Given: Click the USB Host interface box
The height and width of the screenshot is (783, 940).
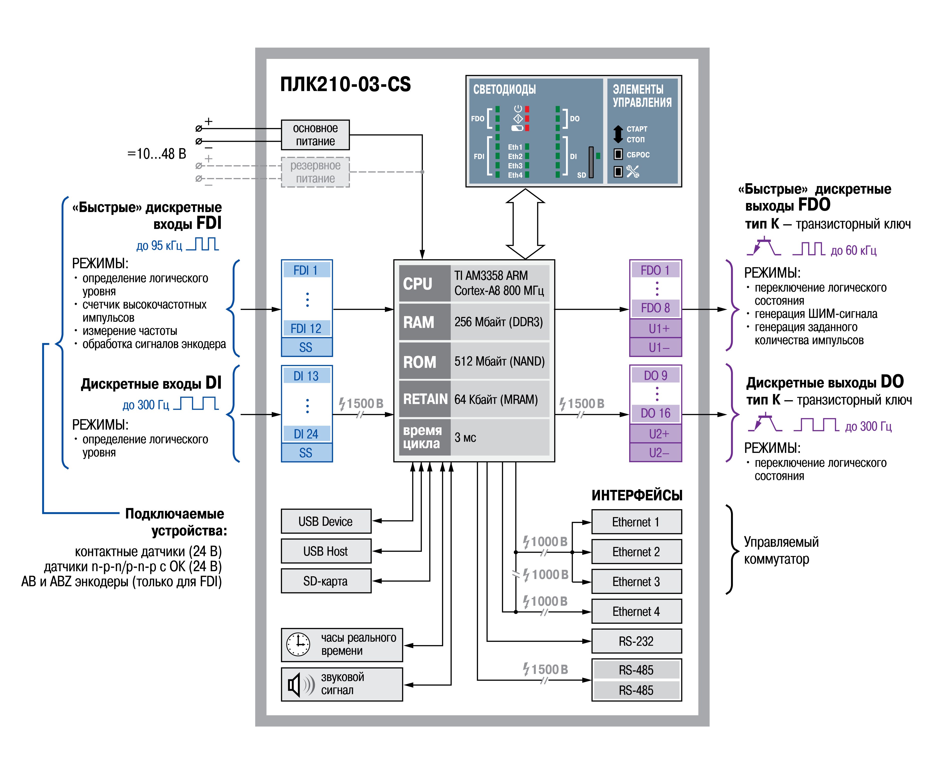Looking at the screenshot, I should tap(326, 551).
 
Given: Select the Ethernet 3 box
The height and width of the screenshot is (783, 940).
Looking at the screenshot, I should tap(636, 582).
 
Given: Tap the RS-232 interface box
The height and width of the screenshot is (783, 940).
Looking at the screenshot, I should tap(636, 641).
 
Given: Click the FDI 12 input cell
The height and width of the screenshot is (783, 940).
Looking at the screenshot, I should tap(306, 328).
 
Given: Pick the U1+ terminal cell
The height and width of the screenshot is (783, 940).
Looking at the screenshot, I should tap(656, 328).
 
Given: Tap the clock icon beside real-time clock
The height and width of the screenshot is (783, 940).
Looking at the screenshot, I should tap(298, 645).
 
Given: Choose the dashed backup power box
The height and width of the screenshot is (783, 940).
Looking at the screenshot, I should tap(315, 172).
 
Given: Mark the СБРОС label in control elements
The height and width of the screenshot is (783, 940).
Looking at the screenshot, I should tap(638, 155).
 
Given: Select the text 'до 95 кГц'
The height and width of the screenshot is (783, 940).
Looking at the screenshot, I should tap(159, 246).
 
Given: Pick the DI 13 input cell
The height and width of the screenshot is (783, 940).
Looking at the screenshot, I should tap(306, 376).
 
